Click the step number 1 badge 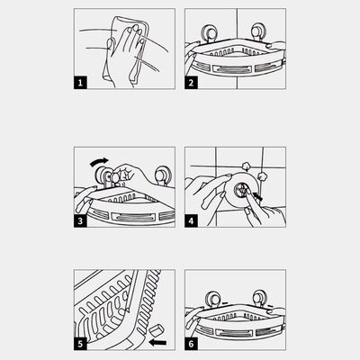pos(80,83)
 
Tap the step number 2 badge pos(191,83)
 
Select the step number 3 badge pos(80,221)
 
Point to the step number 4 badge pos(191,221)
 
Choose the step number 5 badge pos(80,344)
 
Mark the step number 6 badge pos(191,344)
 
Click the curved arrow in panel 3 pos(99,162)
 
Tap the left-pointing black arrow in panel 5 pos(157,342)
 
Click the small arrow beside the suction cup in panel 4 pos(257,197)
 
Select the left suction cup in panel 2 pos(209,32)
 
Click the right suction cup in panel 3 pos(163,176)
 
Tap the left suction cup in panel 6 pos(212,297)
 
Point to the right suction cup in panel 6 pos(259,297)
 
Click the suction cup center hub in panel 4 pos(241,190)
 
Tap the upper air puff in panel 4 pos(246,166)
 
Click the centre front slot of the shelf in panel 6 pos(234,332)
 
